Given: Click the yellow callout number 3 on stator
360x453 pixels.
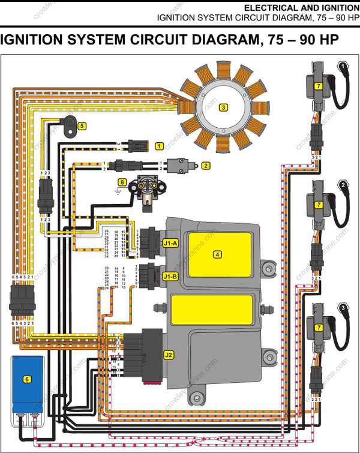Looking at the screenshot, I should click(223, 107).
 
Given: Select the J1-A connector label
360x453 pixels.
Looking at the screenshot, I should click(170, 243).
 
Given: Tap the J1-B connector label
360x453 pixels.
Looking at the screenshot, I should click(170, 277).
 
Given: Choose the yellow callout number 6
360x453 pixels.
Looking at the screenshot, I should click(27, 379).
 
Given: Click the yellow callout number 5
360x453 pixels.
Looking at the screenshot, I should click(82, 126).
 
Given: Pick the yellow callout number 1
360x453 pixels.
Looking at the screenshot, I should click(159, 146).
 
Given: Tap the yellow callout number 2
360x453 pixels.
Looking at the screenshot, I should click(205, 165).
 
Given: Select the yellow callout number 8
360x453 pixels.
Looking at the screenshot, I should click(122, 182).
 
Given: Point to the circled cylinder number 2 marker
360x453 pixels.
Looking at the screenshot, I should click(343, 185).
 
